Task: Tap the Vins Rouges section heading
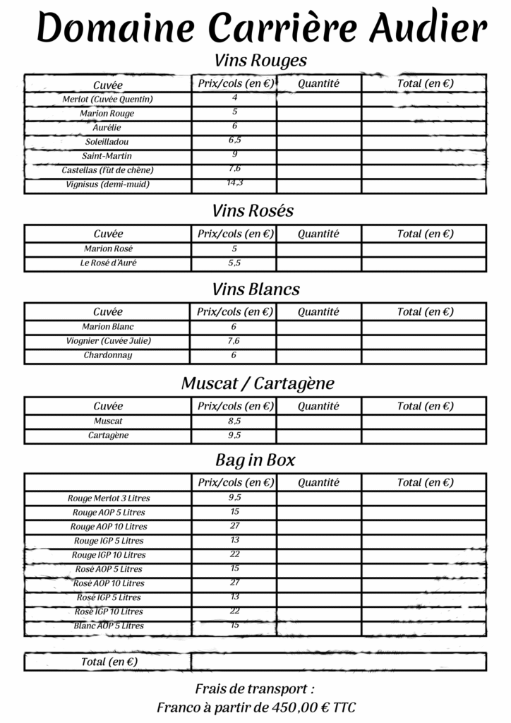[260, 61]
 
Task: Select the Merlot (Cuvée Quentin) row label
[107, 100]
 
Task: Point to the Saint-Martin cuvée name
[107, 156]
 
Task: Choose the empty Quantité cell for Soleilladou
[318, 142]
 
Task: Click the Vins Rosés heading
[253, 211]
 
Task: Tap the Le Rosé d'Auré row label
[108, 263]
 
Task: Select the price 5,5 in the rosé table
[234, 263]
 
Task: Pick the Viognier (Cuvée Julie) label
[108, 341]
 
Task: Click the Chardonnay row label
[108, 355]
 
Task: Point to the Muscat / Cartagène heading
[258, 383]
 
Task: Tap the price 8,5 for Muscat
[234, 421]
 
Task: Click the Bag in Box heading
[255, 460]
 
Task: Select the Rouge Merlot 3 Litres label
[109, 498]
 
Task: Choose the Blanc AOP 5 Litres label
[109, 626]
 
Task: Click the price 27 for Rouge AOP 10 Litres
[235, 526]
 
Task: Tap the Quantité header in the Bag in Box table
[318, 483]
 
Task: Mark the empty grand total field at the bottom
[338, 662]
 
